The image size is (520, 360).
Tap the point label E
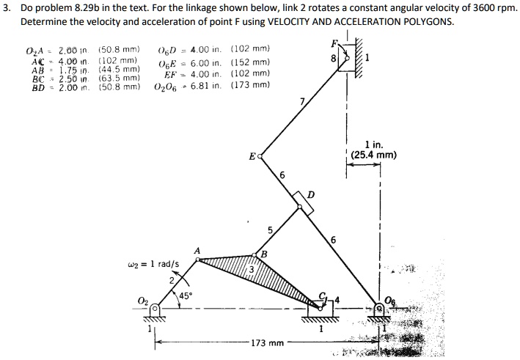pyautogui.click(x=252, y=157)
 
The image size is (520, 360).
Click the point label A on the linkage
pyautogui.click(x=197, y=251)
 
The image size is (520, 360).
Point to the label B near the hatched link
pyautogui.click(x=264, y=254)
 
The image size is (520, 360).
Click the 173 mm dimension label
pyautogui.click(x=266, y=342)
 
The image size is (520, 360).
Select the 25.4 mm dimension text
pyautogui.click(x=373, y=155)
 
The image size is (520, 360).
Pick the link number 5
pyautogui.click(x=268, y=231)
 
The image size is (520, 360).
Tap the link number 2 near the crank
pyautogui.click(x=171, y=279)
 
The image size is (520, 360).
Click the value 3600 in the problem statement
pyautogui.click(x=458, y=8)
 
